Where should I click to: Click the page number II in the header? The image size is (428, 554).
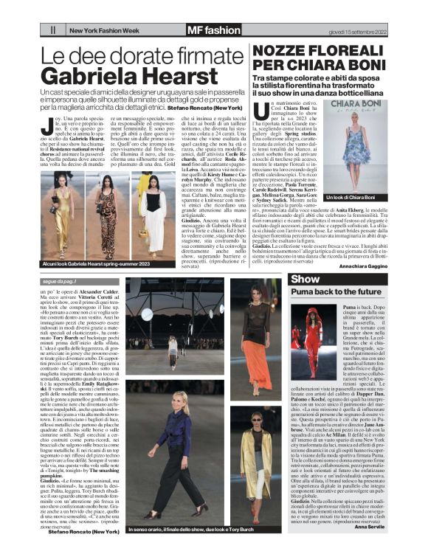coord(53,30)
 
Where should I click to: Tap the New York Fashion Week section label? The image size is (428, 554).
coord(103,31)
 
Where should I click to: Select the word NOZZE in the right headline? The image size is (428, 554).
coord(283,52)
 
